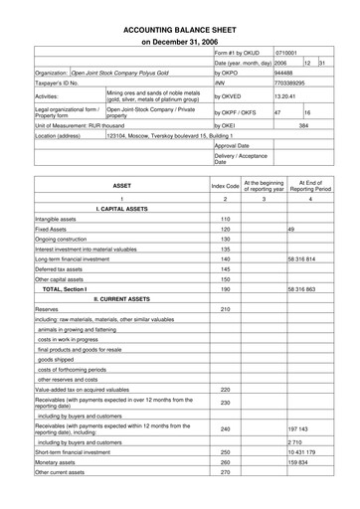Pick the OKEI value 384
pyautogui.click(x=304, y=126)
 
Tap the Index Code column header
pyautogui.click(x=226, y=185)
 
